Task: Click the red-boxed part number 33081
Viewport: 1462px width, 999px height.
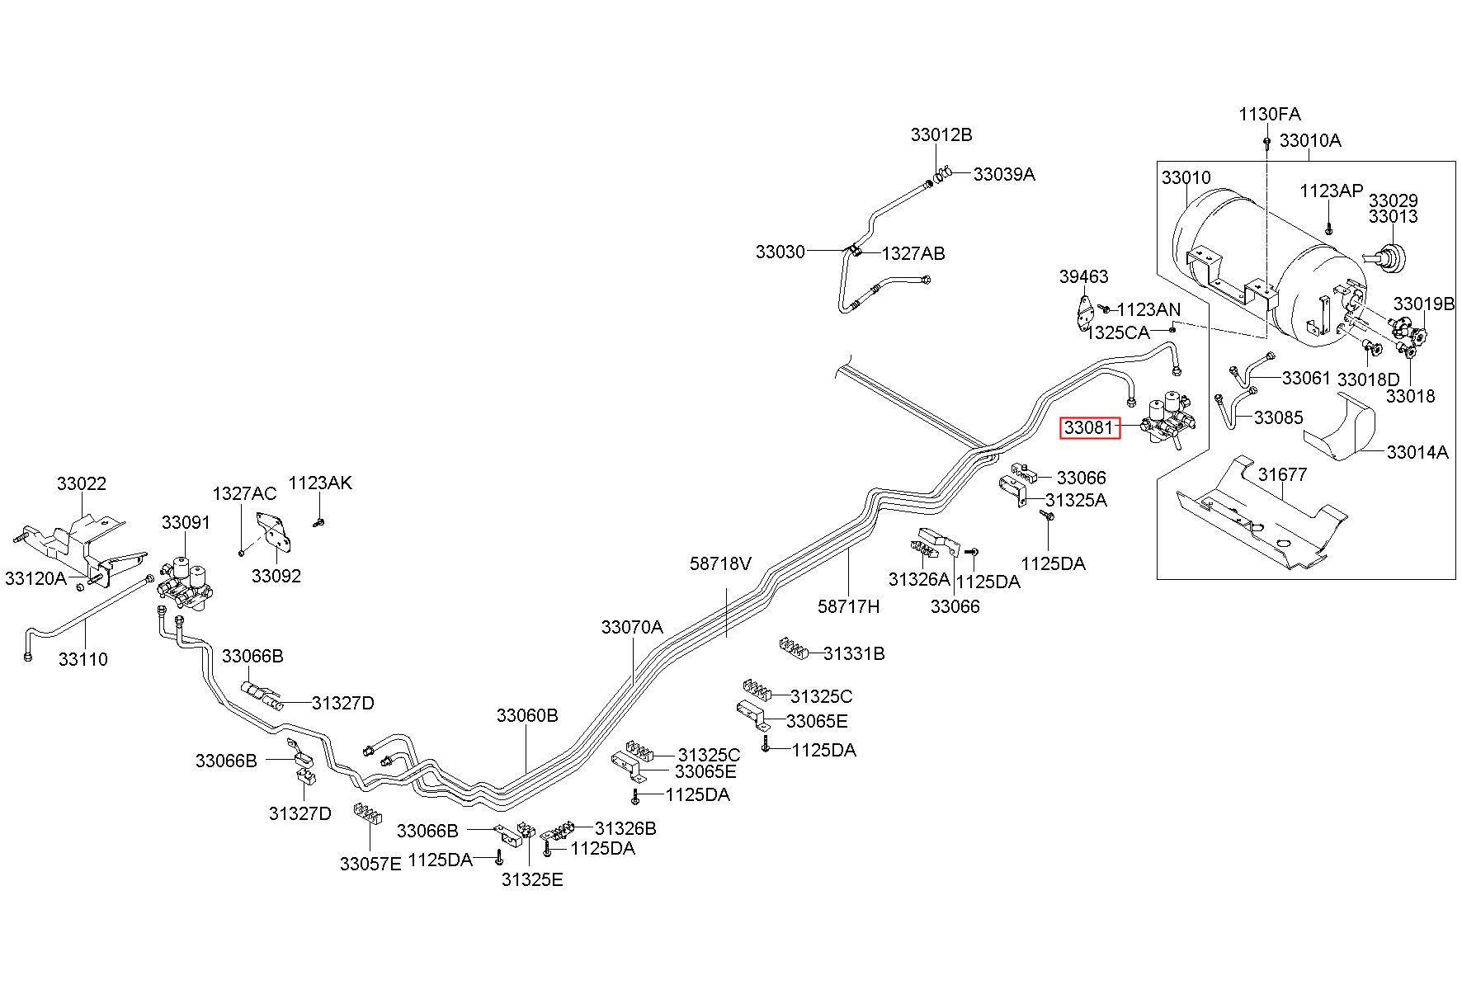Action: click(x=1089, y=427)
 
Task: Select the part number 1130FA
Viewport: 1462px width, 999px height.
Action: click(x=1269, y=114)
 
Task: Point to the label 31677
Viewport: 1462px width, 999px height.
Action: click(x=1283, y=475)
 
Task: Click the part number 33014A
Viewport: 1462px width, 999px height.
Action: click(x=1417, y=452)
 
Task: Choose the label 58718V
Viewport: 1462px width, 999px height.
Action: click(x=721, y=564)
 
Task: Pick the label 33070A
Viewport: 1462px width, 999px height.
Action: click(x=632, y=627)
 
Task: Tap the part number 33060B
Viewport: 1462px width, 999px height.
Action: click(x=527, y=715)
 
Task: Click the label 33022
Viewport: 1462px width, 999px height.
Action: click(x=82, y=484)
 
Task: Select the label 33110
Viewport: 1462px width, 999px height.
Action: click(x=83, y=659)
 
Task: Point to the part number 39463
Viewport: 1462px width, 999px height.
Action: click(x=1083, y=277)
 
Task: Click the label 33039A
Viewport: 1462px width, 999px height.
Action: click(x=1004, y=174)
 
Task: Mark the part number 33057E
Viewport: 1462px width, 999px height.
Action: click(x=370, y=864)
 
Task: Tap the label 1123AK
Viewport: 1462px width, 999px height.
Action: click(x=320, y=483)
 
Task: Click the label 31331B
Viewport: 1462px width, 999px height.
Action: click(x=854, y=654)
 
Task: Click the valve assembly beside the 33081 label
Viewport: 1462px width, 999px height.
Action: click(x=1168, y=420)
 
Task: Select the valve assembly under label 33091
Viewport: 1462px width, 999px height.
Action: click(x=191, y=583)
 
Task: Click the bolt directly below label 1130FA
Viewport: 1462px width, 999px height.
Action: click(x=1266, y=142)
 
